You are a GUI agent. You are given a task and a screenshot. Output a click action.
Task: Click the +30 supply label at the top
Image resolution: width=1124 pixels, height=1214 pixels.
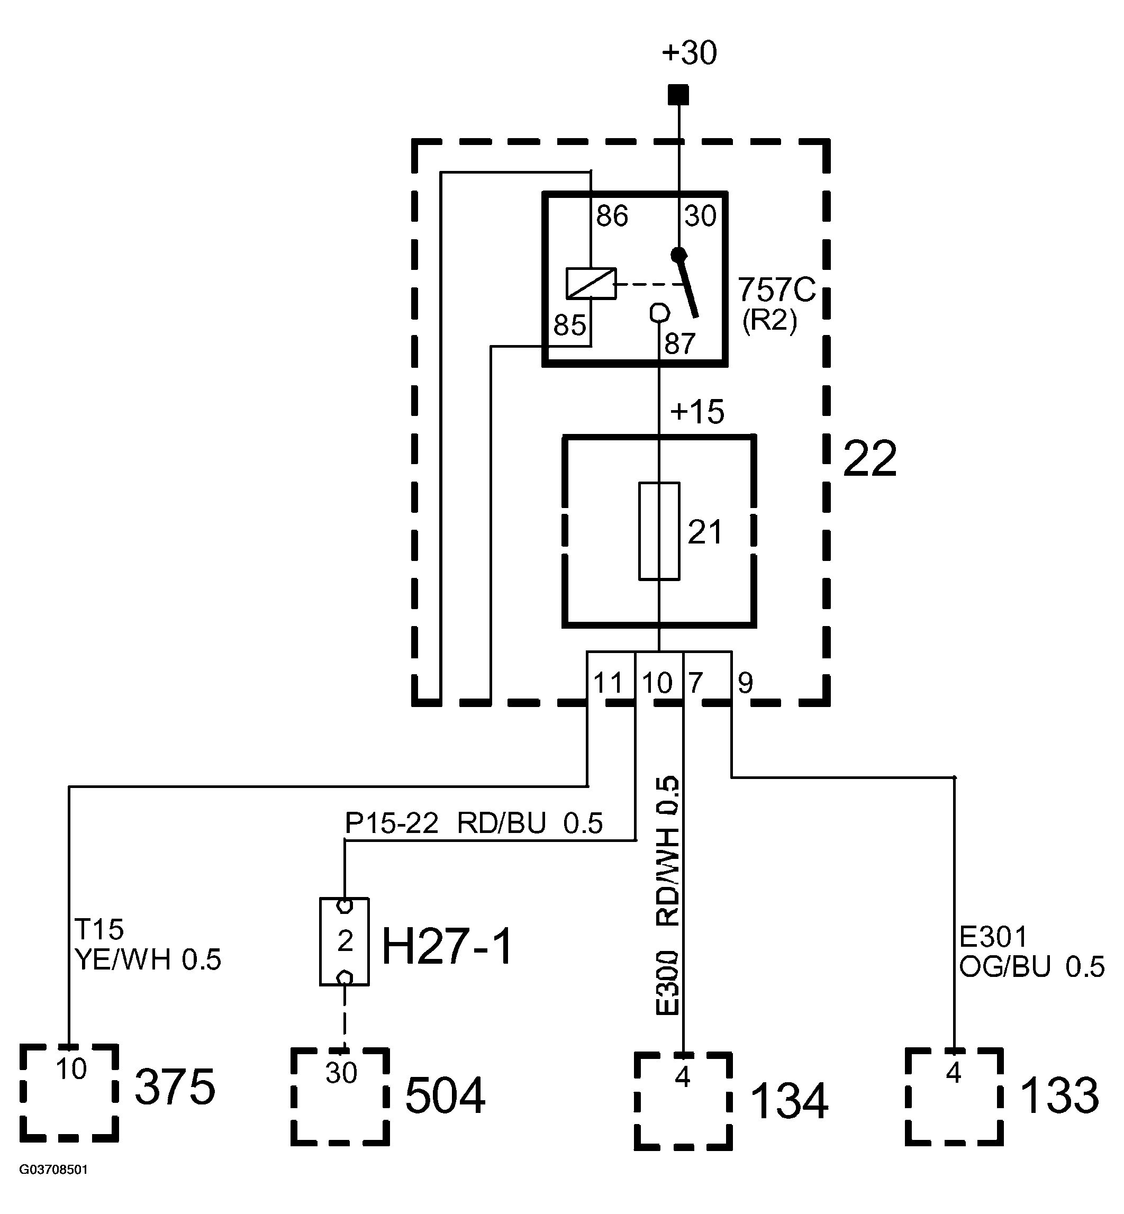tap(689, 53)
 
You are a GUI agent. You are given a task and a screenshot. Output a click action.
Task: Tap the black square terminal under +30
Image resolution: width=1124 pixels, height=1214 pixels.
tap(678, 95)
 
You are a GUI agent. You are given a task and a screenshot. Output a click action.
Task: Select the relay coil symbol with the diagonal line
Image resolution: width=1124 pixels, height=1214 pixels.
tap(591, 284)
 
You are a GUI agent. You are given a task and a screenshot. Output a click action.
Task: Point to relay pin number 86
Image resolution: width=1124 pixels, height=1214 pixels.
tap(612, 216)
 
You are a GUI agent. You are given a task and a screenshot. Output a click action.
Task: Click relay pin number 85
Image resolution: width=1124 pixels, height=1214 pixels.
tap(569, 325)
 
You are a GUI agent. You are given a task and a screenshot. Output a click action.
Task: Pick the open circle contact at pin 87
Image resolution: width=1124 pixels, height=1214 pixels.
tap(659, 313)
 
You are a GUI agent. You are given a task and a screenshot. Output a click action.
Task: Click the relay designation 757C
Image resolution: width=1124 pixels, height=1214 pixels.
tap(777, 290)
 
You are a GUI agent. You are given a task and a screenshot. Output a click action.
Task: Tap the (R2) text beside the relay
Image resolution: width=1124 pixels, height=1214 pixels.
tap(769, 321)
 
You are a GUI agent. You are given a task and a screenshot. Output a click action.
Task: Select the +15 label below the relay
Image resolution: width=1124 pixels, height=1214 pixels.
tap(697, 412)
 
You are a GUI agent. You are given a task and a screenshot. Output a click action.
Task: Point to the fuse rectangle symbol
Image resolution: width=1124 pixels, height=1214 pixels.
tap(659, 531)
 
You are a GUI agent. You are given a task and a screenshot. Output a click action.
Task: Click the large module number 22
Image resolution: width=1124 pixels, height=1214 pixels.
tap(870, 460)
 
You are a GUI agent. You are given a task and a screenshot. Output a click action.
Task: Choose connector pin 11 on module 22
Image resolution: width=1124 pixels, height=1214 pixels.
tap(608, 684)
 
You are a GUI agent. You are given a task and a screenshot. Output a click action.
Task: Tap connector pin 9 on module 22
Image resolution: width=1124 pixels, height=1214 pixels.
tap(745, 684)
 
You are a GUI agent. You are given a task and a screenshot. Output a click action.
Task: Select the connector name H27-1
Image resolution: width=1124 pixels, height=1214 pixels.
tap(448, 947)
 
